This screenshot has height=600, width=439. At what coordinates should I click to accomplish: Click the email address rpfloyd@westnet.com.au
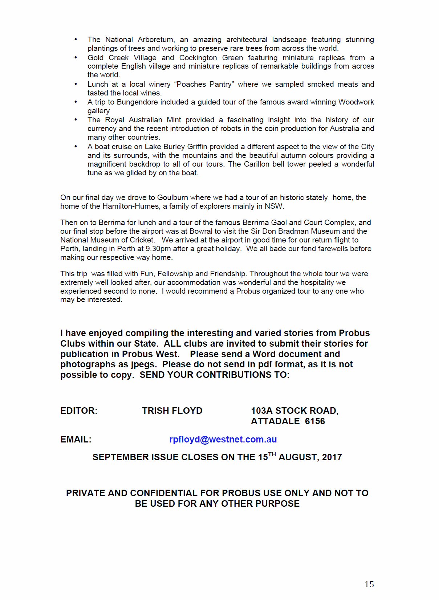pyautogui.click(x=223, y=439)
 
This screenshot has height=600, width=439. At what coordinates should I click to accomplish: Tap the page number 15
pyautogui.click(x=369, y=584)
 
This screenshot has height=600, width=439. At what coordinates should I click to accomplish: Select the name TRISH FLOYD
pyautogui.click(x=172, y=411)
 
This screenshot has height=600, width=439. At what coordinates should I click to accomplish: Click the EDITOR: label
pyautogui.click(x=79, y=411)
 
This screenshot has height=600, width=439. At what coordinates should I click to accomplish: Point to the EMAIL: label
pyautogui.click(x=76, y=439)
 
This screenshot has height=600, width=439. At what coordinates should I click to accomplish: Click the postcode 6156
pyautogui.click(x=315, y=421)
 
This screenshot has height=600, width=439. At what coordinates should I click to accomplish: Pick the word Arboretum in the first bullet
pyautogui.click(x=156, y=40)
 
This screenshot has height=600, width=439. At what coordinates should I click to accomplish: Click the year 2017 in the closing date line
pyautogui.click(x=332, y=457)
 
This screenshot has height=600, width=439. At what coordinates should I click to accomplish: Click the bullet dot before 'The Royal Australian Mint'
pyautogui.click(x=76, y=119)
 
